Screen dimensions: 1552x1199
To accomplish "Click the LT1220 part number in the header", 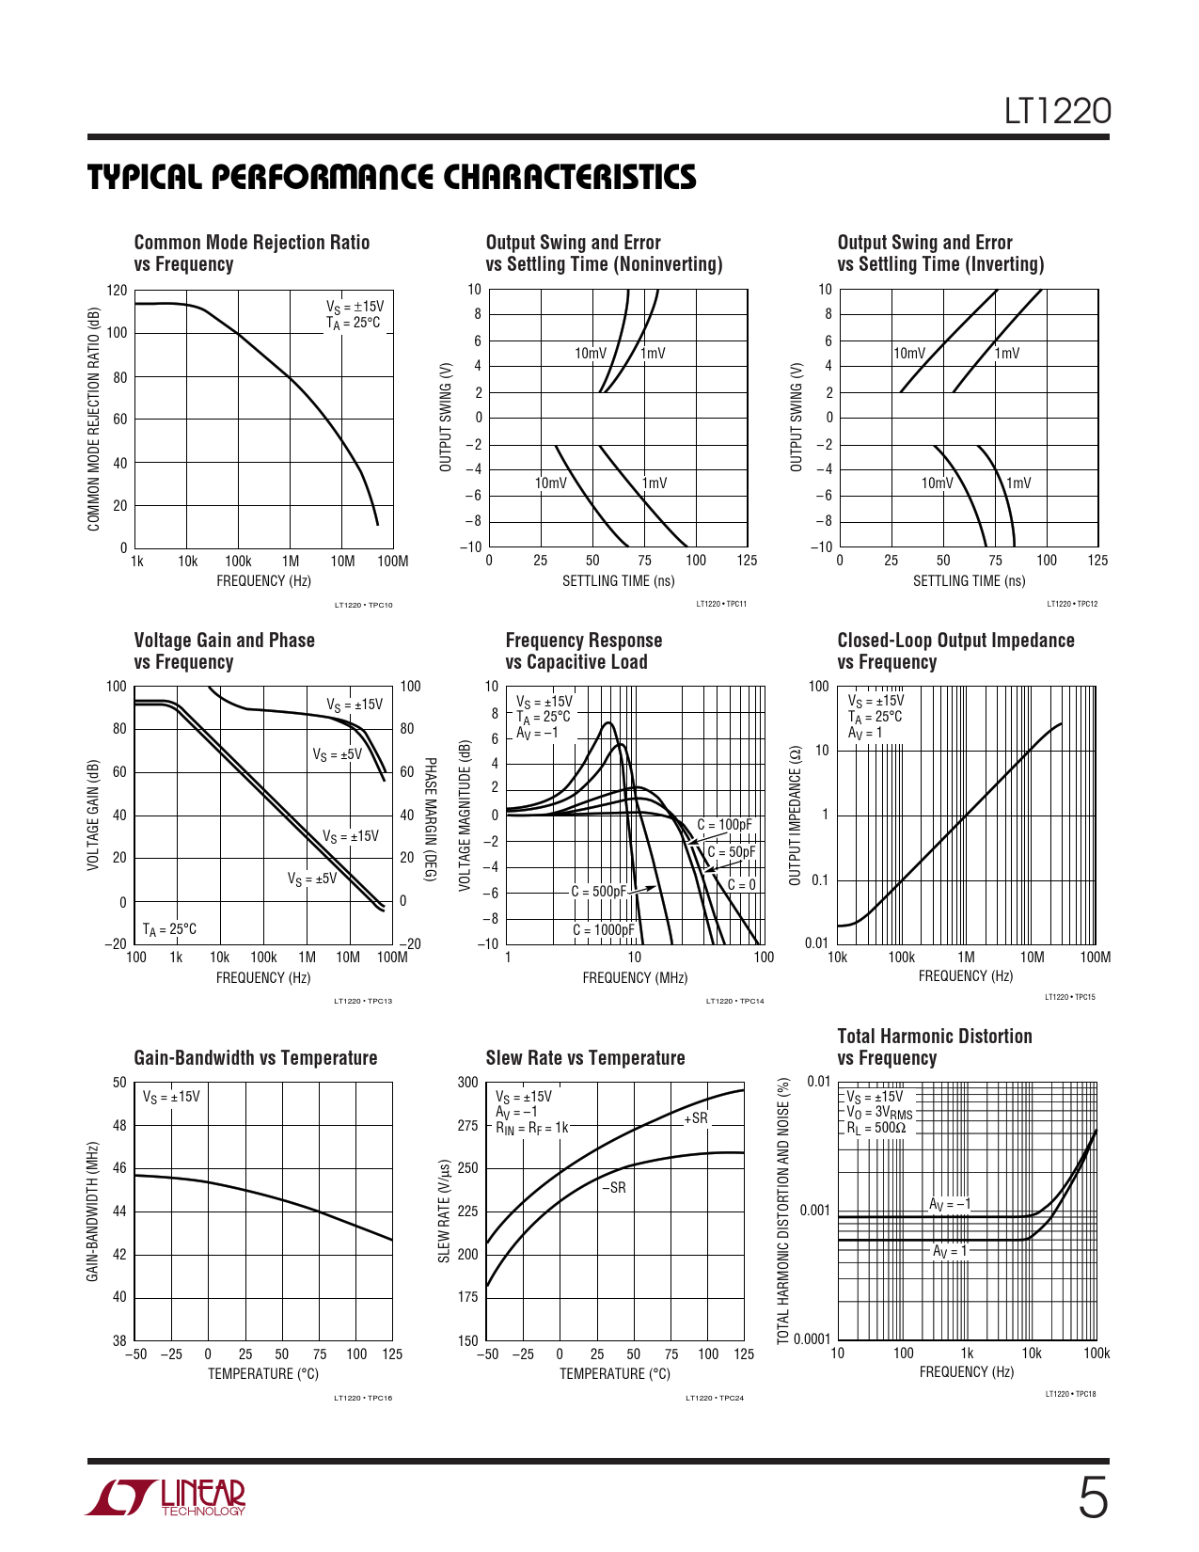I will point(1057,111).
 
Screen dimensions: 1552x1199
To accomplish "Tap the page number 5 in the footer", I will point(1092,1497).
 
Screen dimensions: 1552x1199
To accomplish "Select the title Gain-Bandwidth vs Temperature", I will point(255,1058).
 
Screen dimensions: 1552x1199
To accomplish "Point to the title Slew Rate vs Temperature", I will point(585,1058).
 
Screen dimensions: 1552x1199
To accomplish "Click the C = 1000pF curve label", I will point(604,930).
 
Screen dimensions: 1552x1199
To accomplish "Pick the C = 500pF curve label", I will point(598,892).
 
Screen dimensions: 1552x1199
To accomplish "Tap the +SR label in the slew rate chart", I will point(696,1118).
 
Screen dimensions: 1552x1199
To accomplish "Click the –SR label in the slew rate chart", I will point(614,1188).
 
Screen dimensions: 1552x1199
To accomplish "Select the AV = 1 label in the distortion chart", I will point(950,1251).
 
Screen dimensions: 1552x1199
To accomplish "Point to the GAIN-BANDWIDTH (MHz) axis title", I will point(93,1212).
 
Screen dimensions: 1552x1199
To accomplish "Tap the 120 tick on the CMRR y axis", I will point(117,291).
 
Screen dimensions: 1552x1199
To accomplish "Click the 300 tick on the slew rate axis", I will point(468,1083).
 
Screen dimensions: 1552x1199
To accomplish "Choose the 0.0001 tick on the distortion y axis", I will point(812,1339).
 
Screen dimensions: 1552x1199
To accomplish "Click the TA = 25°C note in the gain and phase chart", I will point(170,929).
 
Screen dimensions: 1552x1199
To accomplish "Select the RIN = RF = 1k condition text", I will point(532,1127).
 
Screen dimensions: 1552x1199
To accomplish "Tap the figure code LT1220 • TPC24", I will point(715,1398).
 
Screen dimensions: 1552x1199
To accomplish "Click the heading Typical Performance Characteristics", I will point(392,177).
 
